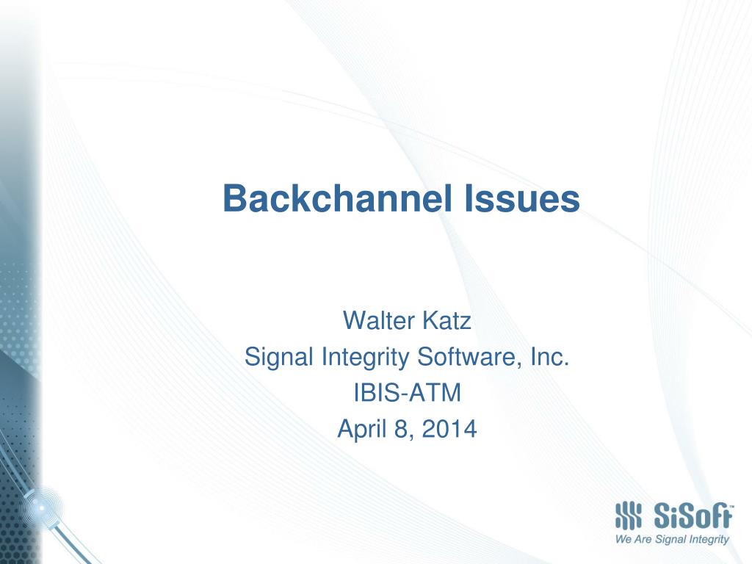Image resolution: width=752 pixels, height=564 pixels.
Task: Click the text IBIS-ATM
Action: point(407,394)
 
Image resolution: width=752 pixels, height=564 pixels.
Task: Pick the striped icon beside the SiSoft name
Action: point(628,515)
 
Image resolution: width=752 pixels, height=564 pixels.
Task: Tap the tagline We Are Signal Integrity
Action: point(671,540)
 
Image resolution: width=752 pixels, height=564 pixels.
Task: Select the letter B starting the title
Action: point(234,198)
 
